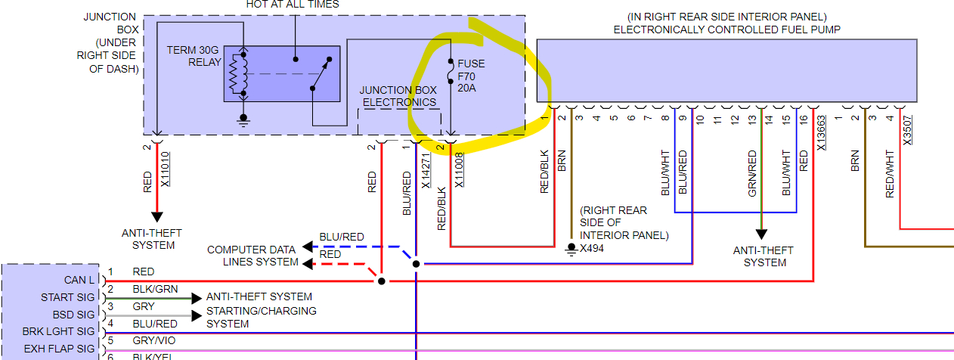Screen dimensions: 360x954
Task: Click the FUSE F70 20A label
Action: coord(470,76)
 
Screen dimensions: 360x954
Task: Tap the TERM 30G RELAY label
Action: coord(194,55)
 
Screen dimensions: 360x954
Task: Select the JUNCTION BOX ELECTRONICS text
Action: coord(398,96)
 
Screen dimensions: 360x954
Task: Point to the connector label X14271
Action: coord(426,171)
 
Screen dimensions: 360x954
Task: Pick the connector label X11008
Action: coord(459,169)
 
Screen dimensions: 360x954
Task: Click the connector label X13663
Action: coord(822,134)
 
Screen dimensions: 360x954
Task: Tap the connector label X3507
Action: coord(907,129)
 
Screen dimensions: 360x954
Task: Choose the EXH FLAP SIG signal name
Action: coord(59,349)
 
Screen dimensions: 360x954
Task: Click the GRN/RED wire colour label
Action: coord(752,174)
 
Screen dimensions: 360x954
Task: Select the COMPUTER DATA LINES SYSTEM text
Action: coord(252,256)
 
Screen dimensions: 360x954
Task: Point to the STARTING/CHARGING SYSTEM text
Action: coord(261,317)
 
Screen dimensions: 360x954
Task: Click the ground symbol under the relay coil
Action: coord(243,119)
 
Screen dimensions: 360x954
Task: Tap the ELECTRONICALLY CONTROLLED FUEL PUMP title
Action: coord(726,29)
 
